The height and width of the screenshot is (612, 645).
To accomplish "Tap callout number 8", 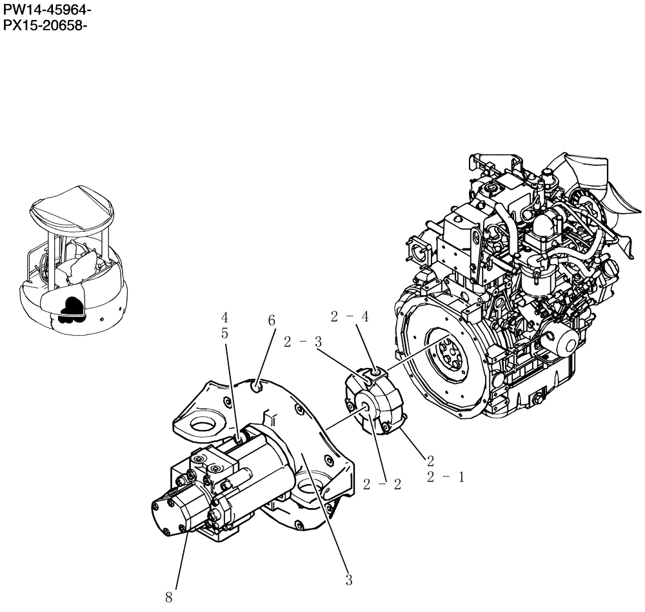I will point(168,598).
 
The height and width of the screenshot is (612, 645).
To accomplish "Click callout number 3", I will point(348,580).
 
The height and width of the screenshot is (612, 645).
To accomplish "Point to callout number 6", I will point(272,321).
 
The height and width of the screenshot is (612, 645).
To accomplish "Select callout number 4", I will point(224,318).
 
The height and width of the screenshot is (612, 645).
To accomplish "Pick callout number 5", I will point(224,334).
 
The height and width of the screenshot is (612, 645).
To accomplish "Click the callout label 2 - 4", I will point(350,316).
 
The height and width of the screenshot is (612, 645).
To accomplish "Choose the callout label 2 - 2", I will point(382,484).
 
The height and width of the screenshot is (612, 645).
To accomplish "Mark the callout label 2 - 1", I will point(445,477).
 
